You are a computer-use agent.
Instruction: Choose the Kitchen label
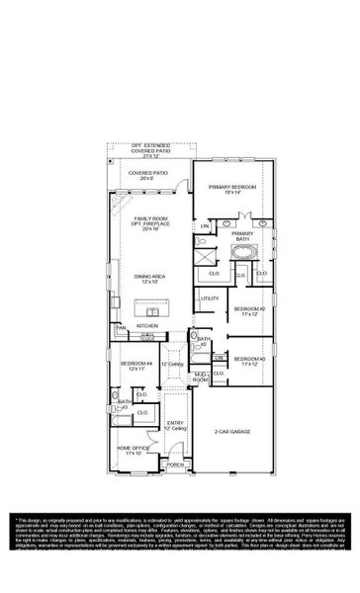(146, 324)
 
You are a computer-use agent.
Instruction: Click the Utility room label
(210, 297)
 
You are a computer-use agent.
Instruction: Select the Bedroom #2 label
(248, 310)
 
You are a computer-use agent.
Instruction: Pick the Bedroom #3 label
(248, 360)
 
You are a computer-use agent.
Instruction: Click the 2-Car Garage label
(230, 432)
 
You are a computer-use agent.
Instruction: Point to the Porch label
(175, 464)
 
